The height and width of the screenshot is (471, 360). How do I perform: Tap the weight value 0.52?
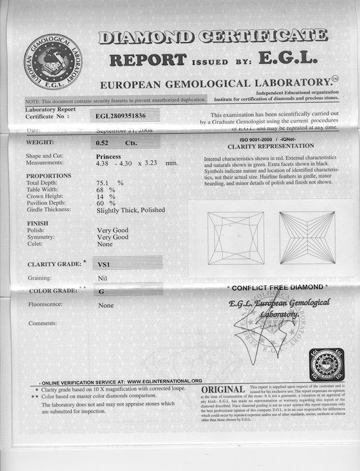pos(104,142)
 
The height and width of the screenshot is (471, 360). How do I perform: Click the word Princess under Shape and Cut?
pos(109,156)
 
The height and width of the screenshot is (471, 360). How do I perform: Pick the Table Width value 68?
pos(101,190)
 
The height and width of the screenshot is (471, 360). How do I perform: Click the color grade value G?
pos(101,291)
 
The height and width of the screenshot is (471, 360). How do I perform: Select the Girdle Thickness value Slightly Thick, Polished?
pos(131,210)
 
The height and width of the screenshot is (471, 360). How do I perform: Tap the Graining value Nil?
pos(103,278)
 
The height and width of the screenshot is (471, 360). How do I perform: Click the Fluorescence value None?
pos(105,305)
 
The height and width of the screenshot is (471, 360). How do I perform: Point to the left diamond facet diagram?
pos(231,237)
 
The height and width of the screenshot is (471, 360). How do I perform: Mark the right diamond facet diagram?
pos(307,237)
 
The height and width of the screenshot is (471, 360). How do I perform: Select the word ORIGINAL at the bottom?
pos(223,390)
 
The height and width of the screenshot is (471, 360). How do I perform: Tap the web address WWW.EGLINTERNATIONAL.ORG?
pos(164,381)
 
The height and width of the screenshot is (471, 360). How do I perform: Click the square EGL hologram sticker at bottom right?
pos(326,364)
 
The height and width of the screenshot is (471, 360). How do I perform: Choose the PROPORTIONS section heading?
pos(49,176)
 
